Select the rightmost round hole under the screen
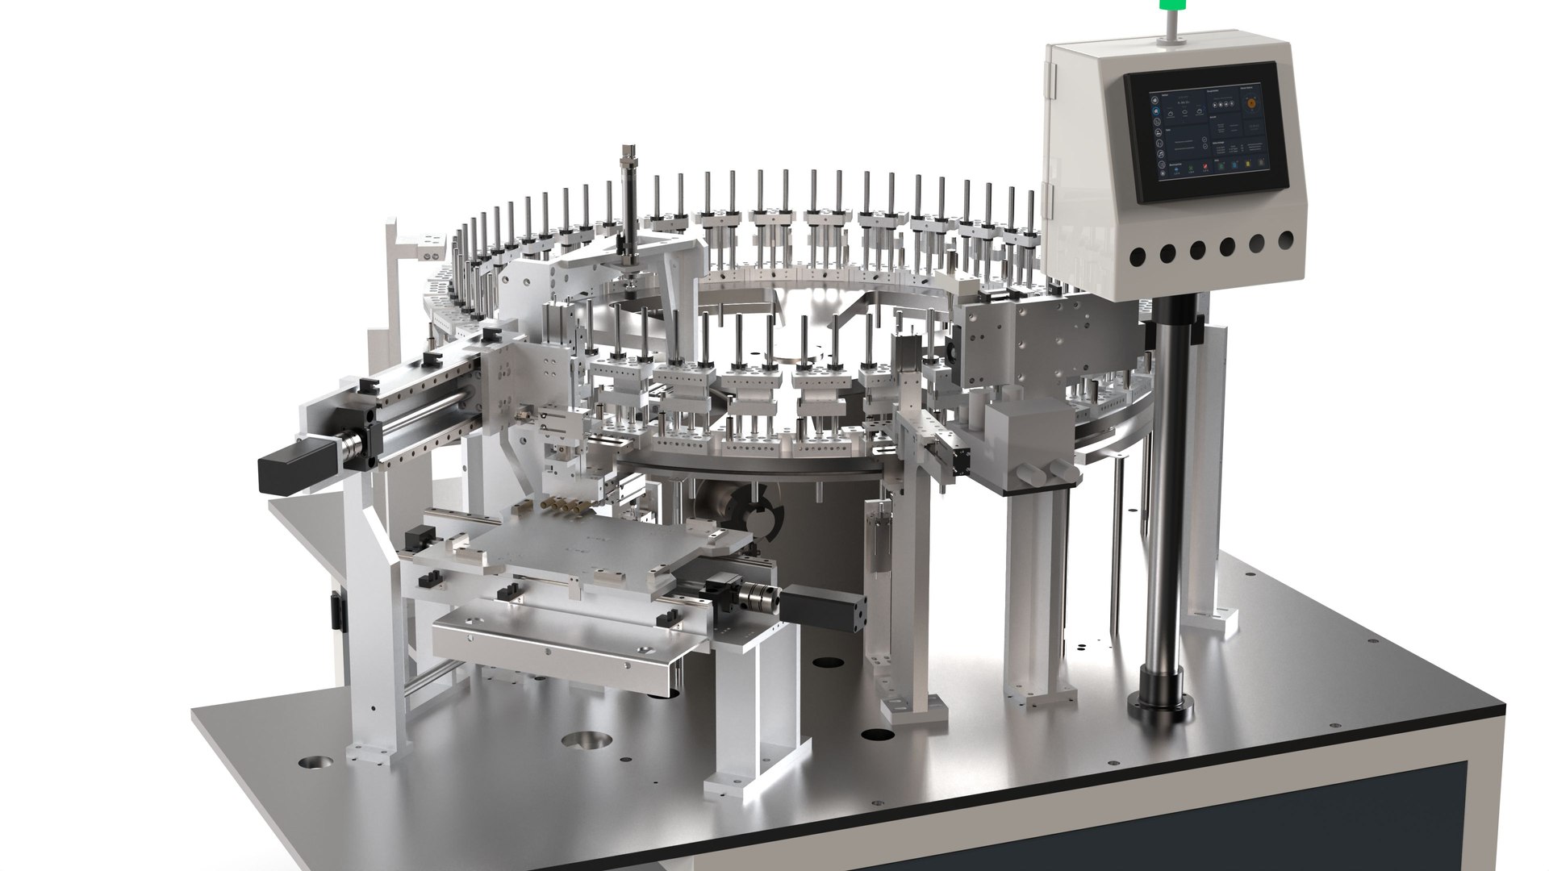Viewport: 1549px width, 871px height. pos(1286,239)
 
